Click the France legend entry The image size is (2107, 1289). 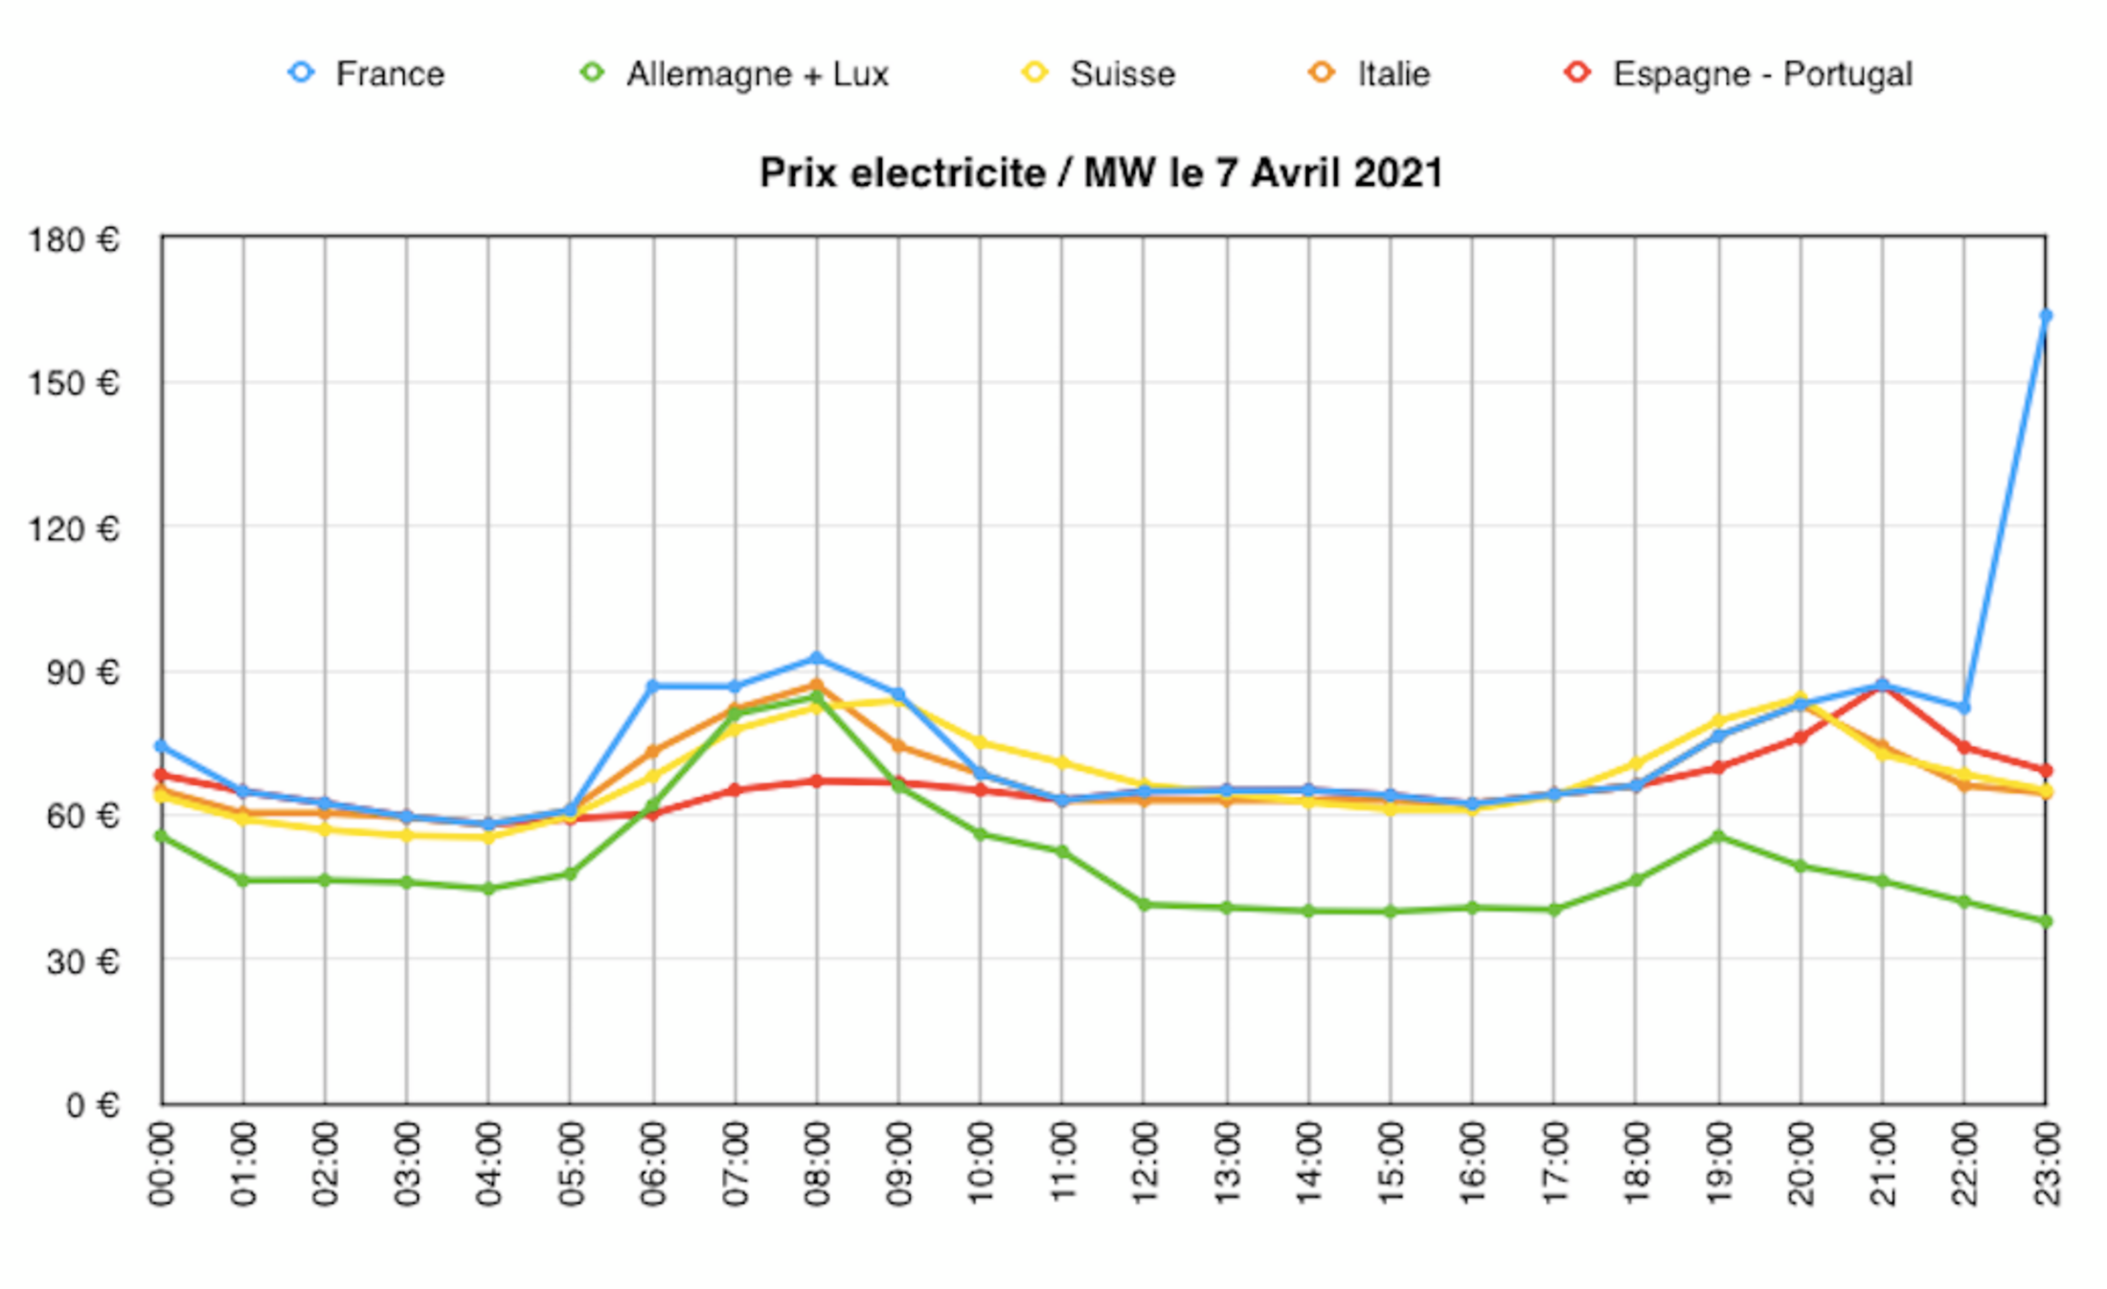[368, 74]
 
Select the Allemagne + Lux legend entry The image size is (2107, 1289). [736, 74]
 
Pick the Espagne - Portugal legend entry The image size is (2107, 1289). [1739, 74]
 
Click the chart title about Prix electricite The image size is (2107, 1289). [1101, 173]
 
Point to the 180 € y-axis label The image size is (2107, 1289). [74, 239]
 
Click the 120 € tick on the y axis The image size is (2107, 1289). [74, 528]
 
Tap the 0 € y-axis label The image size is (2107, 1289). [92, 1105]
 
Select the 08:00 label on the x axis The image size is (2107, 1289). [817, 1165]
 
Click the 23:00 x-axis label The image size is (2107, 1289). [2047, 1165]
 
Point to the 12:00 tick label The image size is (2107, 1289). [1144, 1165]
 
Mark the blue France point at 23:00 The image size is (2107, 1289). [2046, 316]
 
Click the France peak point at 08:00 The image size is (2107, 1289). [817, 658]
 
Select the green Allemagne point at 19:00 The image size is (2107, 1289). [1719, 836]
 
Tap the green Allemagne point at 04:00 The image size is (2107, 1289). [488, 889]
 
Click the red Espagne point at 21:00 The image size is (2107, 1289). [1883, 687]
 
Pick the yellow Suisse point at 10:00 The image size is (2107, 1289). [981, 742]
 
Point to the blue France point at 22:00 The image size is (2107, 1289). [1964, 708]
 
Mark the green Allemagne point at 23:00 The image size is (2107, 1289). [2046, 921]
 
